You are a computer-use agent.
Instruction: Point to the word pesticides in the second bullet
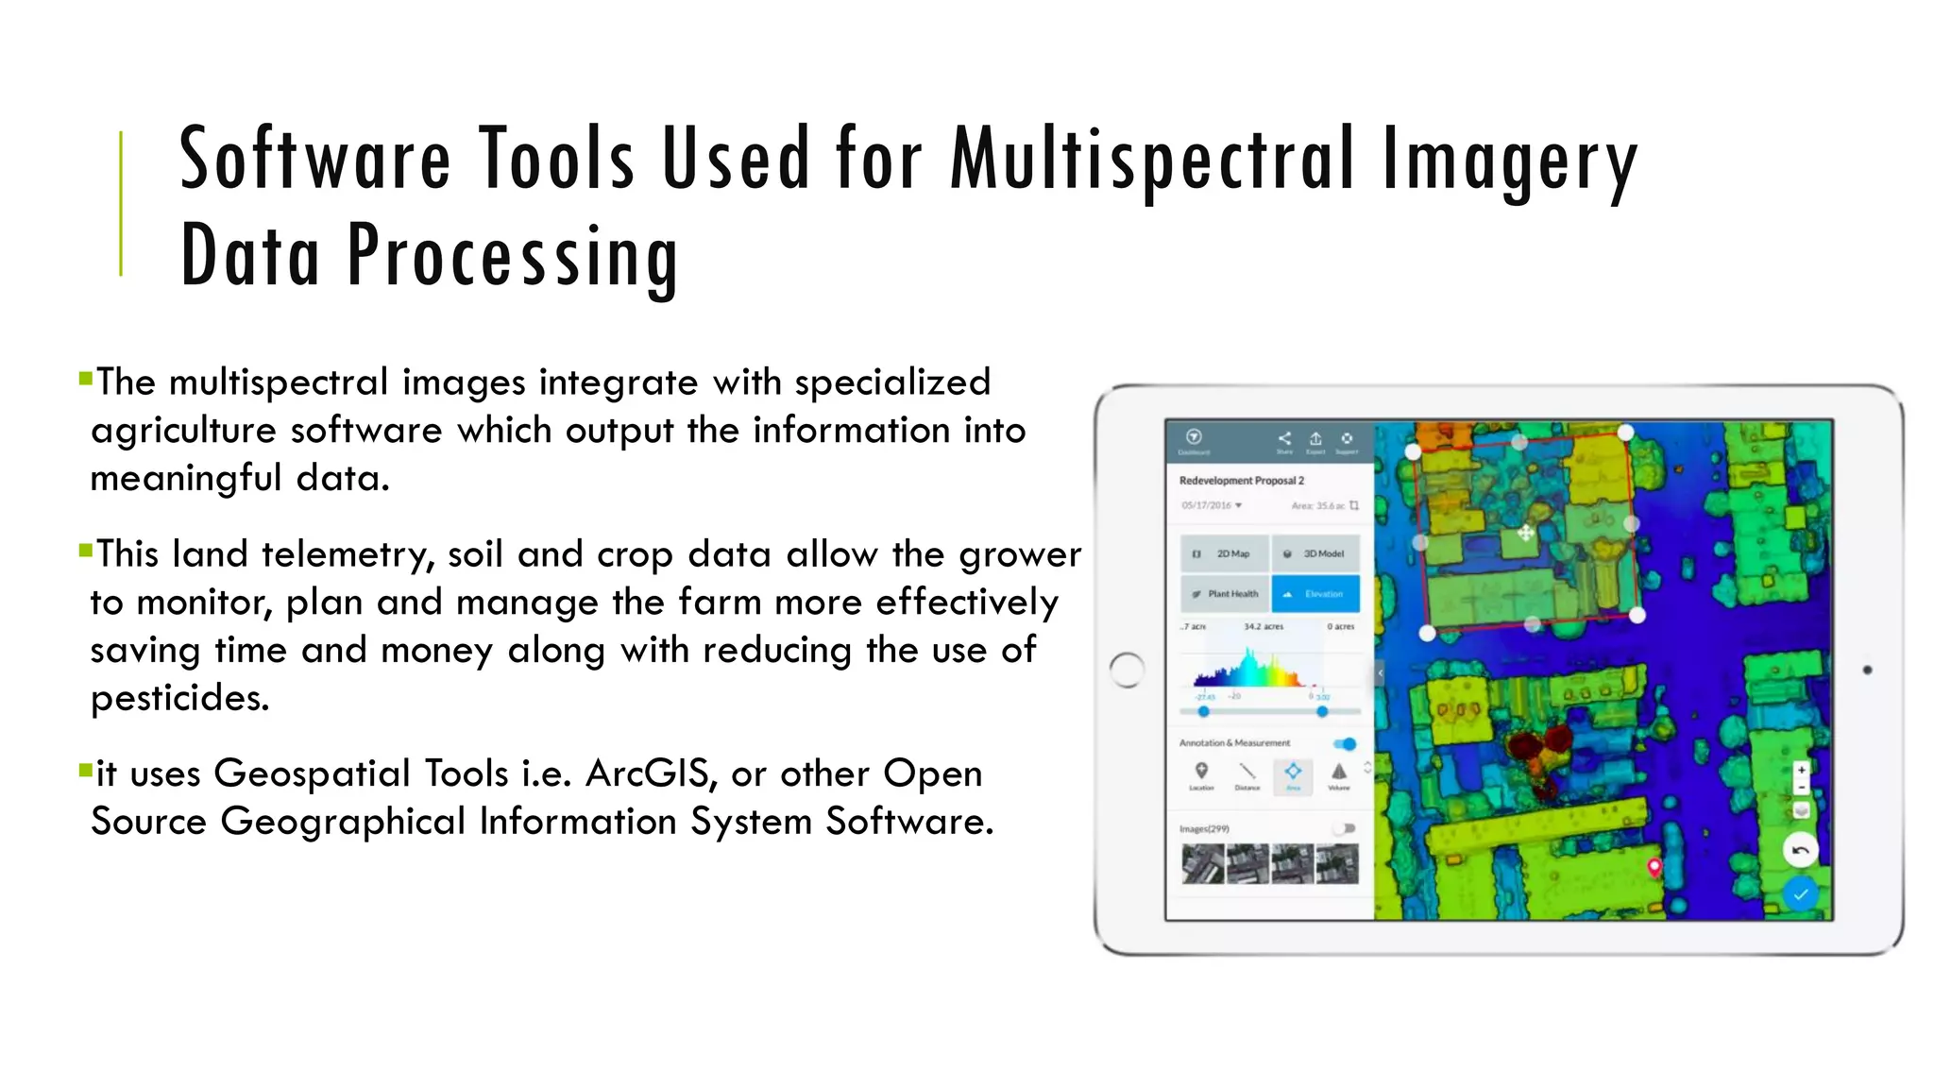179,698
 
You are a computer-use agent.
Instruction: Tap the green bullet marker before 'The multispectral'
86,380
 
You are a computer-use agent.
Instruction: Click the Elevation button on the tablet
1315,594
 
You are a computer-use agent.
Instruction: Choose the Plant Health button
1225,594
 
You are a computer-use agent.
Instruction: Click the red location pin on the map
1654,867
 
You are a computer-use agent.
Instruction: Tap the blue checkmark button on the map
1800,893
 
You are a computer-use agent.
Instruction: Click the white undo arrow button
1800,851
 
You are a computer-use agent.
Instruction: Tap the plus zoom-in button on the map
1801,770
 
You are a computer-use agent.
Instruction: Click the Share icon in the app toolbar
1284,438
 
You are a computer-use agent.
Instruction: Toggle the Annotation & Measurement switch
1346,744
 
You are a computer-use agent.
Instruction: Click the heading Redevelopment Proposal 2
1241,481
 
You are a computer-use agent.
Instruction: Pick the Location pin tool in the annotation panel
1201,772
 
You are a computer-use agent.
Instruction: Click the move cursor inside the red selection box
1525,534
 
